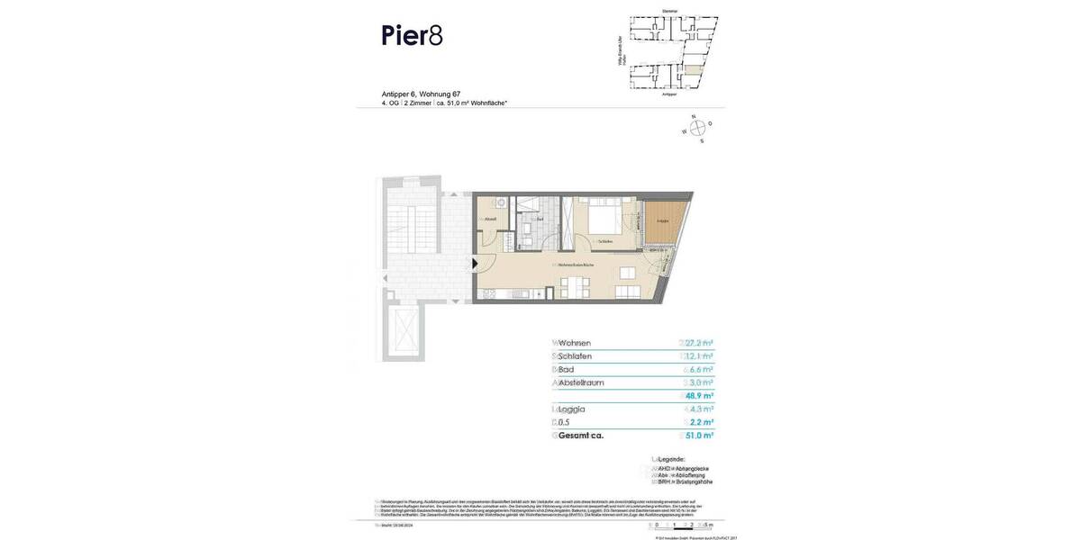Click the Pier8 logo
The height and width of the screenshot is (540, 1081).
pyautogui.click(x=412, y=36)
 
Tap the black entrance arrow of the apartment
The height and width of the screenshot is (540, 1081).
pyautogui.click(x=476, y=264)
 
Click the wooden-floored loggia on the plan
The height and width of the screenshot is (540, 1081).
pyautogui.click(x=665, y=222)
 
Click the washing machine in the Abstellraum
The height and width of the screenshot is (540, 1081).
pyautogui.click(x=486, y=202)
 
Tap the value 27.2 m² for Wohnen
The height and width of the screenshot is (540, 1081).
pyautogui.click(x=699, y=343)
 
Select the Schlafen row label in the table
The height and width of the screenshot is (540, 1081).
pyautogui.click(x=575, y=356)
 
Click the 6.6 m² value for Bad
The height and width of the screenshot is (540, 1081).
pyautogui.click(x=700, y=370)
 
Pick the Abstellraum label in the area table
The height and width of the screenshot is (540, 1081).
pyautogui.click(x=580, y=382)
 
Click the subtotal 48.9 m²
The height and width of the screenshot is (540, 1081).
pyautogui.click(x=699, y=396)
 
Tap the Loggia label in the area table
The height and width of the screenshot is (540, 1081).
pyautogui.click(x=571, y=409)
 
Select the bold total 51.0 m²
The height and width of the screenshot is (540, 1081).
pyautogui.click(x=700, y=436)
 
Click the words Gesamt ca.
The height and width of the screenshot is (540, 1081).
pyautogui.click(x=580, y=436)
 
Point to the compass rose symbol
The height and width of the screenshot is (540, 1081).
pyautogui.click(x=696, y=129)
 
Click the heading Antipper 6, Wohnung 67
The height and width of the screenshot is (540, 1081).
pyautogui.click(x=422, y=94)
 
